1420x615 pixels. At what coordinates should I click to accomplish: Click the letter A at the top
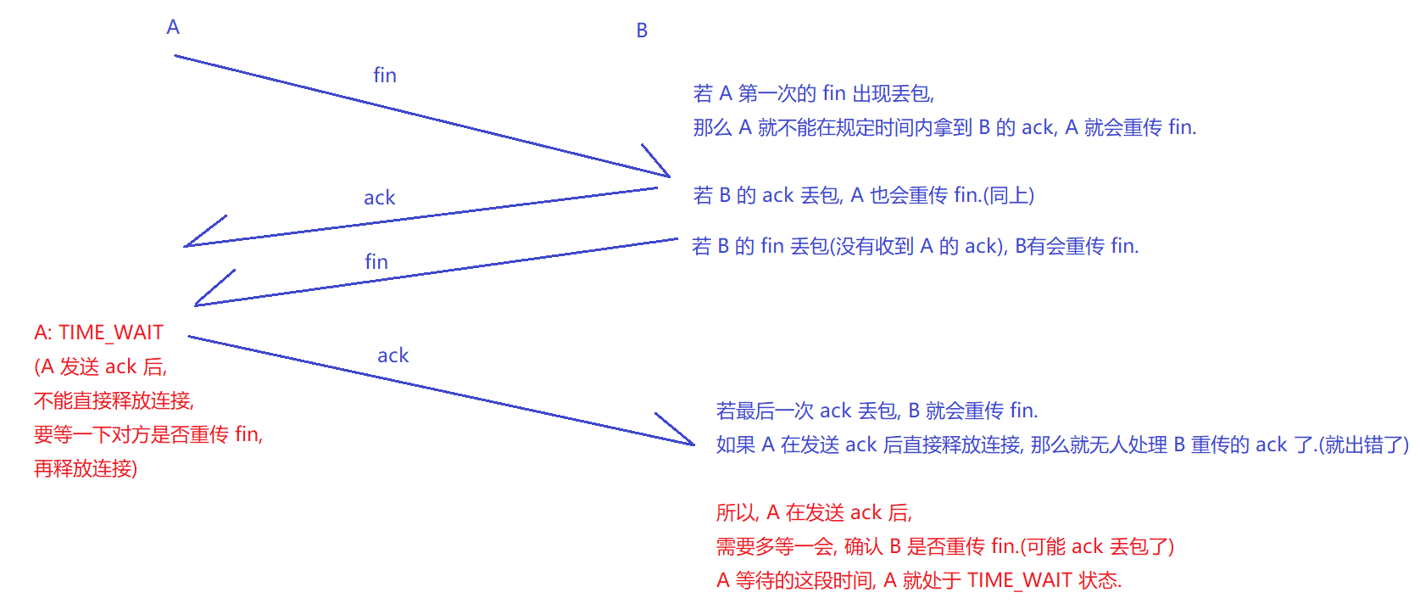click(173, 27)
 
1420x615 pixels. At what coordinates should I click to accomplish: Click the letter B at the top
click(642, 31)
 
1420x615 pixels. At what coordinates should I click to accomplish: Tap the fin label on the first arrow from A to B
click(385, 75)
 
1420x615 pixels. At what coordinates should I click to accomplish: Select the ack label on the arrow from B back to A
click(379, 198)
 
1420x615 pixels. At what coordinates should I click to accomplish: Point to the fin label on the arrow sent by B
click(376, 262)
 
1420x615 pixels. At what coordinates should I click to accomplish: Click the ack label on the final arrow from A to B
click(393, 355)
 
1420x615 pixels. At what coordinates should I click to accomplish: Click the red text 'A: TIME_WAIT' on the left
click(98, 333)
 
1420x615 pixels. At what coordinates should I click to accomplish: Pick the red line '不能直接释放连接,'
click(114, 400)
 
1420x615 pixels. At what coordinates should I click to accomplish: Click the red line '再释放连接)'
click(85, 468)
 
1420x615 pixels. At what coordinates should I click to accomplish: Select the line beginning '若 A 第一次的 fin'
click(813, 93)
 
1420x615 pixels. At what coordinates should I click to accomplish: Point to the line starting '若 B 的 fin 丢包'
click(915, 246)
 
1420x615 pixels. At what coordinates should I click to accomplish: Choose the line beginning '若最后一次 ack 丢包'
click(877, 411)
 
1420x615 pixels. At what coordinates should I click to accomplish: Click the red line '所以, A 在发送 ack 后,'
click(814, 512)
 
